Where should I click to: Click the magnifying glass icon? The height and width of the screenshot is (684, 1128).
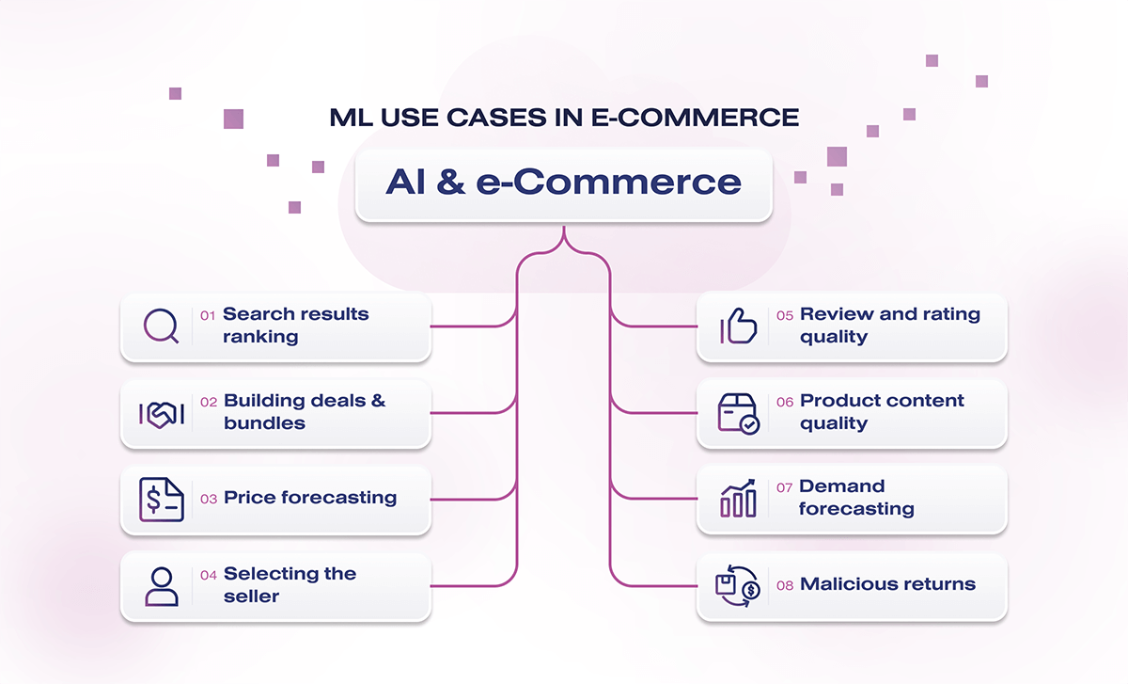click(x=161, y=326)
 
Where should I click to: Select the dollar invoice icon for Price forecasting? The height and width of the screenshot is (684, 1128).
click(x=161, y=499)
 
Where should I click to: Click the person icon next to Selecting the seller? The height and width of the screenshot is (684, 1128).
click(x=161, y=585)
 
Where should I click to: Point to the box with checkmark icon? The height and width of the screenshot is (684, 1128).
click(x=738, y=413)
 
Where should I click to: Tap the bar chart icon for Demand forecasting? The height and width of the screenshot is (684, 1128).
click(x=738, y=499)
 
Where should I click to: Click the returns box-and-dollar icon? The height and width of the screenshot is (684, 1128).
click(x=738, y=585)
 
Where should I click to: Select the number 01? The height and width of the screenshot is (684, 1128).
click(x=208, y=315)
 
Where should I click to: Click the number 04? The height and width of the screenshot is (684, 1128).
click(x=209, y=575)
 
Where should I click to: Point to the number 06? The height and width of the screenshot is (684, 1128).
click(x=785, y=402)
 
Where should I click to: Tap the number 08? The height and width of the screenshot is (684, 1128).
click(x=785, y=585)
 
